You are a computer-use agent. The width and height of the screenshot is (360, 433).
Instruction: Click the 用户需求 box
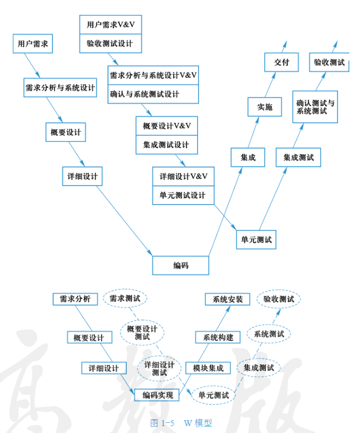tap(32, 44)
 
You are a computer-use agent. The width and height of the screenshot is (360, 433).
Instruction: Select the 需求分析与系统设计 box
tap(60, 88)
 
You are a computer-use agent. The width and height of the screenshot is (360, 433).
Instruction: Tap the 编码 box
tap(181, 265)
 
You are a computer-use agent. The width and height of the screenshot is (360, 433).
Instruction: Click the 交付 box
tap(281, 62)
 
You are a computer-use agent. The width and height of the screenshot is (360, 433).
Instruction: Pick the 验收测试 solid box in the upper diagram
tap(329, 62)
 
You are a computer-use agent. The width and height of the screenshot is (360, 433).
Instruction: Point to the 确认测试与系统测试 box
tap(315, 107)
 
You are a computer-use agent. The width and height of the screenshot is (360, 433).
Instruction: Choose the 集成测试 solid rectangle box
tap(298, 157)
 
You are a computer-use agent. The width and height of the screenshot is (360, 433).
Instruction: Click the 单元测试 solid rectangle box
tap(256, 240)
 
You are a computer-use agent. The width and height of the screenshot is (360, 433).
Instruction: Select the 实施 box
tap(264, 107)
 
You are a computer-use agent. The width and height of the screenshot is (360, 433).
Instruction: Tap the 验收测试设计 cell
tap(110, 44)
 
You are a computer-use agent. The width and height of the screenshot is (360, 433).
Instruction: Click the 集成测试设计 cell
tap(166, 145)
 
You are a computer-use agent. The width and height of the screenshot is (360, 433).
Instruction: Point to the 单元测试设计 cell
tap(183, 195)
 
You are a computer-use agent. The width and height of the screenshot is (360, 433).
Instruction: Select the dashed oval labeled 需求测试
tap(125, 299)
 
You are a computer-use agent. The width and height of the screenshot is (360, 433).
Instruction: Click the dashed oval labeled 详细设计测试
tap(159, 368)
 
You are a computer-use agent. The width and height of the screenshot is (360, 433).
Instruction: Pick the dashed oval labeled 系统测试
tap(269, 334)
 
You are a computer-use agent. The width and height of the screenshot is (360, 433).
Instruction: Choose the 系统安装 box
tap(227, 299)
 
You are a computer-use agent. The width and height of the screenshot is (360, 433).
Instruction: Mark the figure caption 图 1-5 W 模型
tap(181, 423)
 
